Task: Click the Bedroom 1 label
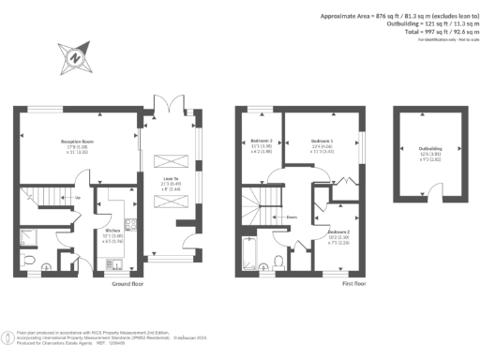tap(322, 141)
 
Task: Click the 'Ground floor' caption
tap(127, 283)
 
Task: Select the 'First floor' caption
tap(354, 283)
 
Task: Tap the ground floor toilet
tap(30, 260)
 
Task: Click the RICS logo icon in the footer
tap(7, 336)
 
